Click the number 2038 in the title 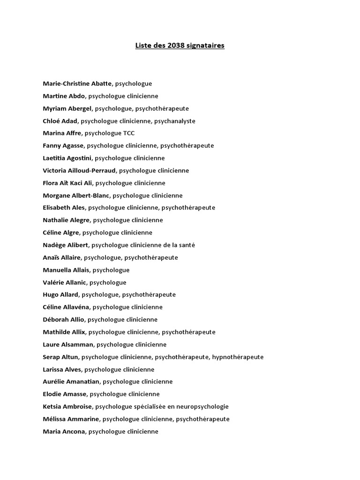pyautogui.click(x=173, y=45)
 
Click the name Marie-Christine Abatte pyautogui.click(x=77, y=83)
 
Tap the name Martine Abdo pyautogui.click(x=64, y=96)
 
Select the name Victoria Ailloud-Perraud pyautogui.click(x=80, y=171)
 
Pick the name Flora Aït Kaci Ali pyautogui.click(x=67, y=183)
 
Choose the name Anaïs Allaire pyautogui.click(x=62, y=257)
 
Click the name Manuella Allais pyautogui.click(x=66, y=270)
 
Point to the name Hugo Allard pyautogui.click(x=60, y=295)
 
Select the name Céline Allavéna pyautogui.click(x=66, y=307)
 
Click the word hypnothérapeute pyautogui.click(x=238, y=357)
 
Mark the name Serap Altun pyautogui.click(x=60, y=357)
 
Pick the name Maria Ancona pyautogui.click(x=64, y=432)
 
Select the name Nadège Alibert pyautogui.click(x=66, y=245)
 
